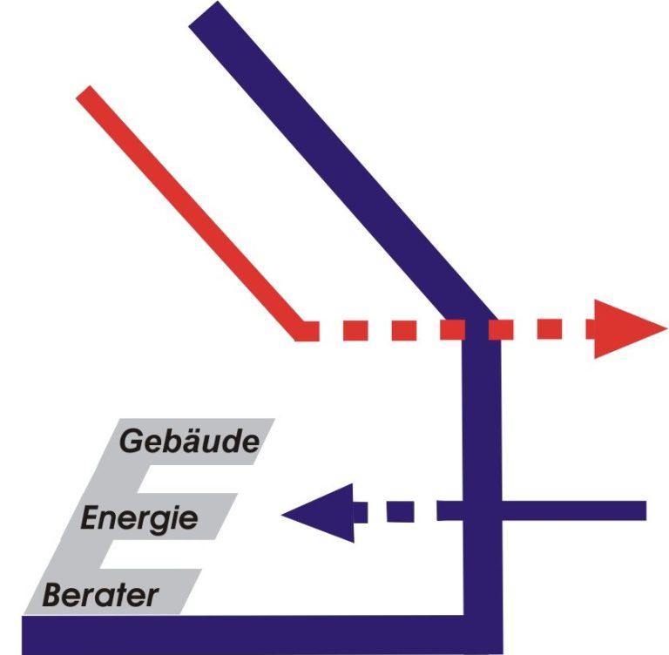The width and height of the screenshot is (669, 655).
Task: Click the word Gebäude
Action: (x=189, y=441)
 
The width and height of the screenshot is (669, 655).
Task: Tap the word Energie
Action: (x=139, y=519)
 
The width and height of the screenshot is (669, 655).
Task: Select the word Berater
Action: (x=101, y=595)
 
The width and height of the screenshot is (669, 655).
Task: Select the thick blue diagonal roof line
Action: (x=341, y=162)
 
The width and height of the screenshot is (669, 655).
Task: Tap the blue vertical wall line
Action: (x=482, y=469)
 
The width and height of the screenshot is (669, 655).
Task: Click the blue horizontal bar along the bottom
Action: (x=262, y=635)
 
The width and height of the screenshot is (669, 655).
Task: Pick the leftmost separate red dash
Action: (x=355, y=331)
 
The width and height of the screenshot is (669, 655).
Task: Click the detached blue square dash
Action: (x=400, y=511)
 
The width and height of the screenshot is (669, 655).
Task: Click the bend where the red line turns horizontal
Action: (x=301, y=331)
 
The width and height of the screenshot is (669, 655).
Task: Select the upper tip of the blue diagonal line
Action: (x=204, y=14)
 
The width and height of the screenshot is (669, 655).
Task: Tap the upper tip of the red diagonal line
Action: (x=84, y=92)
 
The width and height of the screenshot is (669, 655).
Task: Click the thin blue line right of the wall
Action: (x=574, y=510)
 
